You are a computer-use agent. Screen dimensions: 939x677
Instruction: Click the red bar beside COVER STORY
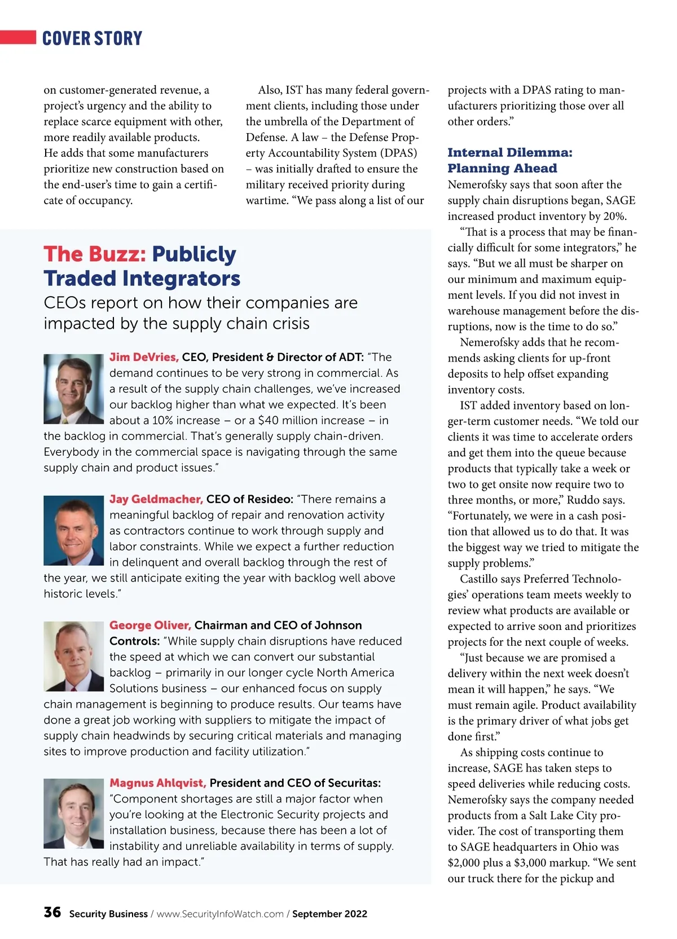coord(18,37)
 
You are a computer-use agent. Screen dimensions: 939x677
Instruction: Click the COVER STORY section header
coord(92,38)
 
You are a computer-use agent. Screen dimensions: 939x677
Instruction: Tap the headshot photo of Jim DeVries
coord(73,389)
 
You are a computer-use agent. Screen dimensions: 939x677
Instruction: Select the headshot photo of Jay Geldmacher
coord(73,531)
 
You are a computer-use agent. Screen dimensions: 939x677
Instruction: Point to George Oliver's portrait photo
coord(73,656)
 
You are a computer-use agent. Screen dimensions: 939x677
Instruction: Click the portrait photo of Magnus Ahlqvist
coord(73,814)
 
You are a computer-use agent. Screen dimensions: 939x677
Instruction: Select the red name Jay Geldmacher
coord(156,499)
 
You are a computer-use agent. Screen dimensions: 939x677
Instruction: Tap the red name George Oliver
coord(150,625)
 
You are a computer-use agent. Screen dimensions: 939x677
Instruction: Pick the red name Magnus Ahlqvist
coord(157,783)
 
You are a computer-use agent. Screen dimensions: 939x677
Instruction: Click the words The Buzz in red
coord(95,254)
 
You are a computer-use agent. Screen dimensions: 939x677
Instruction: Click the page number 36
coord(52,912)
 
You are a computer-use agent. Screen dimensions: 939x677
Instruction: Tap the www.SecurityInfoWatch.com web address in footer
coord(220,914)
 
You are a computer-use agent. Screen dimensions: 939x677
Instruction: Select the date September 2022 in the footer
coord(329,914)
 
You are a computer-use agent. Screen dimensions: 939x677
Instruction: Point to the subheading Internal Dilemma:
coord(509,153)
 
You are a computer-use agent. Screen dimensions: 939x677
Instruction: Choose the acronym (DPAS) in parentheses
coord(398,153)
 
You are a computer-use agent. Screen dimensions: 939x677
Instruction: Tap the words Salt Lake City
coord(564,815)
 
